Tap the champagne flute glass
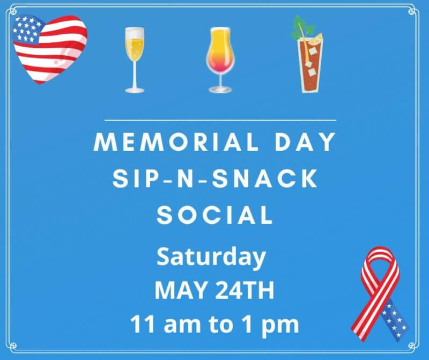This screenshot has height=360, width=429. [135, 60]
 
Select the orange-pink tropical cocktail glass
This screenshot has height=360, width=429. [220, 60]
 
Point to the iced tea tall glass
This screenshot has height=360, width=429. [310, 65]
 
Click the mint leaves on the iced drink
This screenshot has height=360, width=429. [301, 27]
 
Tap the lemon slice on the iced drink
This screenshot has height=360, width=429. [317, 38]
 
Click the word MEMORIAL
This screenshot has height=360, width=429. [176, 142]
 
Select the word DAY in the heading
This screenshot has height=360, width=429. [305, 142]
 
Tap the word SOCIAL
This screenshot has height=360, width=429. [214, 215]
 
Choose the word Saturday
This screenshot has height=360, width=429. [211, 258]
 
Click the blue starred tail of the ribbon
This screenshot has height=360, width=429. [395, 320]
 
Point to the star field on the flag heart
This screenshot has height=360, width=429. [27, 30]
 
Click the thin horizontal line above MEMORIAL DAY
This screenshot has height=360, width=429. [220, 120]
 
